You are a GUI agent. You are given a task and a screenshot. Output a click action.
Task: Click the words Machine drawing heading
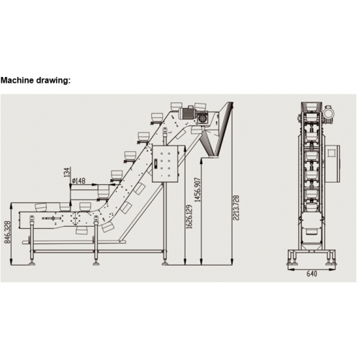[35, 81]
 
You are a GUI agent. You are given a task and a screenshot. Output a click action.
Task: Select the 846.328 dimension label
[8, 233]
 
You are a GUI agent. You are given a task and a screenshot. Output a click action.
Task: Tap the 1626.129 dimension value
[189, 217]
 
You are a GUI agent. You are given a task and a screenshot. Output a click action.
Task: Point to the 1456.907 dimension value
[197, 189]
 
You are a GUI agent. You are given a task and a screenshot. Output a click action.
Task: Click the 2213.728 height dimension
[236, 208]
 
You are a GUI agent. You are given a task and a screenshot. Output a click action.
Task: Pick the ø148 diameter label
[78, 181]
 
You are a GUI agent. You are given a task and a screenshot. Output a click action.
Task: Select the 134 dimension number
[67, 172]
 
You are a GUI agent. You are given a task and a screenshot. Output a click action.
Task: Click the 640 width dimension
[312, 274]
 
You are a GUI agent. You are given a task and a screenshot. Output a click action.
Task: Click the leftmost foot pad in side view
[32, 264]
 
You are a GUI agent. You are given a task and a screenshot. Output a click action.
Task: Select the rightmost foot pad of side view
[165, 264]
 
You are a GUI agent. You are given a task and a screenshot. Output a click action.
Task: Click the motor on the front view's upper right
[328, 112]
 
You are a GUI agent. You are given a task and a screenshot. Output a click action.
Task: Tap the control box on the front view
[333, 163]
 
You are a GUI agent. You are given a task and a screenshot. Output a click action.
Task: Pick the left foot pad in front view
[292, 264]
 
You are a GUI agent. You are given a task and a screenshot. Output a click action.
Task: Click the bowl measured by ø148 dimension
[104, 192]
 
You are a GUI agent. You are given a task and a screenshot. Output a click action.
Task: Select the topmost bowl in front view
[312, 107]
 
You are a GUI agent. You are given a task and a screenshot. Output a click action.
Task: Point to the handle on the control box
[156, 163]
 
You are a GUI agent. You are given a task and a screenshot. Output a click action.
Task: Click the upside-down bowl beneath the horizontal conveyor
[81, 230]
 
